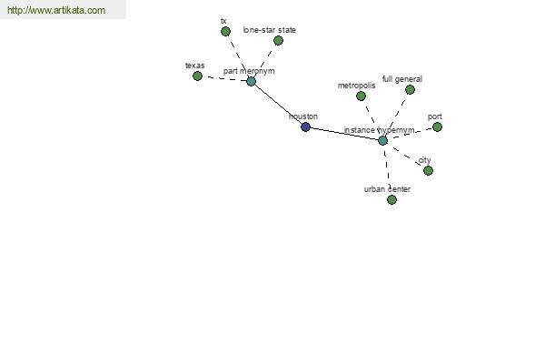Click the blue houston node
click(305, 126)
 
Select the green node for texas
click(197, 76)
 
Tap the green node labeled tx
click(225, 31)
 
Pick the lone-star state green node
click(278, 40)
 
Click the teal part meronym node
click(251, 82)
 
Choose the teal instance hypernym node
click(382, 140)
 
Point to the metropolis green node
click(361, 96)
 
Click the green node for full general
click(410, 89)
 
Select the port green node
click(437, 126)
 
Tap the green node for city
click(428, 170)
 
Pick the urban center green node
click(391, 199)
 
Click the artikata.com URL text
click(56, 10)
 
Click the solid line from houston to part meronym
click(278, 104)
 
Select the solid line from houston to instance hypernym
click(344, 134)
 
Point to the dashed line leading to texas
click(224, 79)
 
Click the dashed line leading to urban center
click(387, 170)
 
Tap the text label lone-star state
click(270, 30)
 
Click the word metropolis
click(356, 86)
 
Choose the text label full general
click(402, 79)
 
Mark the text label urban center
click(387, 189)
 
